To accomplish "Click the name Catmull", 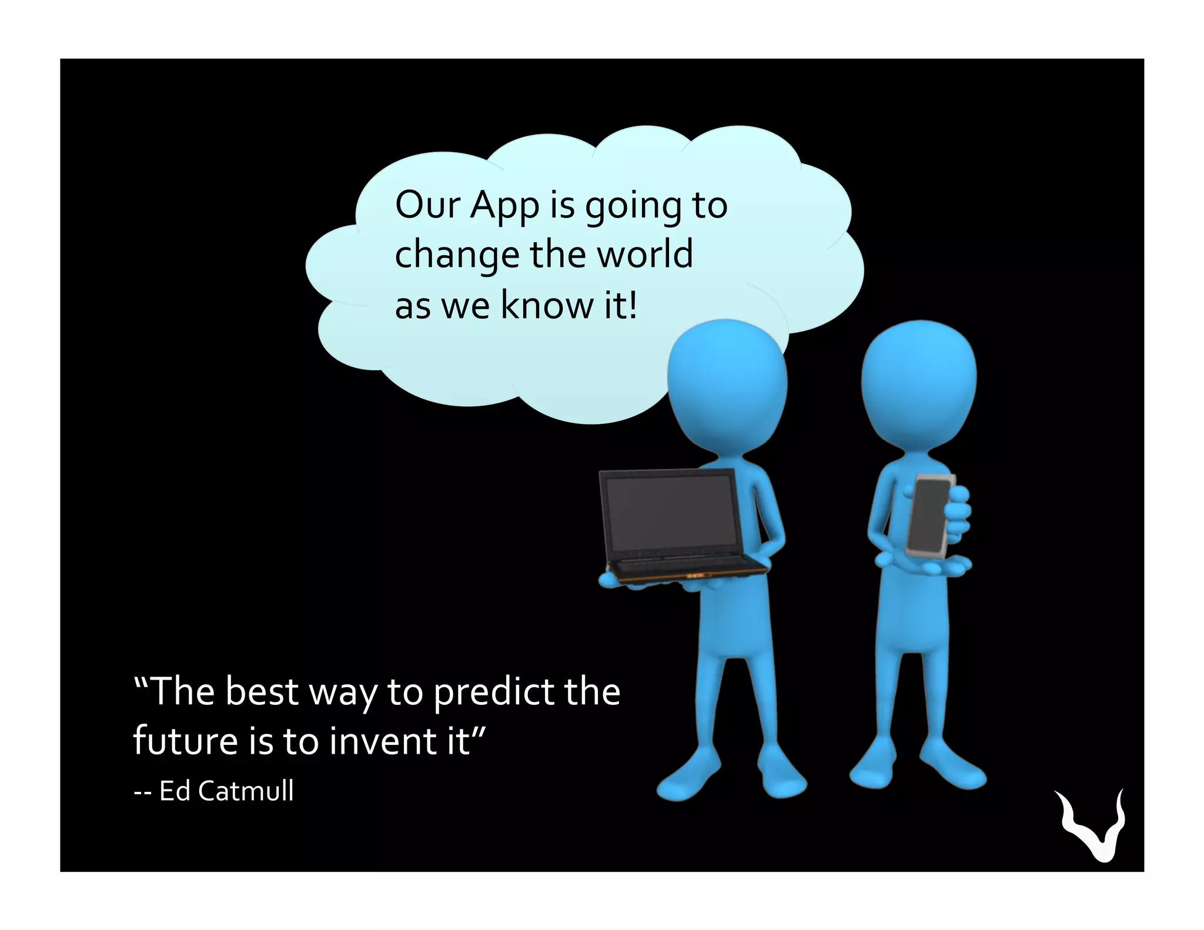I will [246, 791].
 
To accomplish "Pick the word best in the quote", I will [262, 692].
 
